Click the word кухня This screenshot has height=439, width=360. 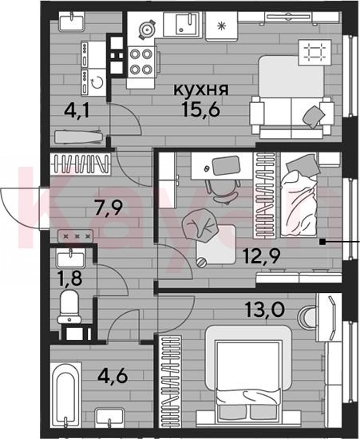[201, 89]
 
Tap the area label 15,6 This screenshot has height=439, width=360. [201, 109]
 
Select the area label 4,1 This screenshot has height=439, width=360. [77, 111]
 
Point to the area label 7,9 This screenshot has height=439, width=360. [109, 208]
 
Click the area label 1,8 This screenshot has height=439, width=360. [69, 278]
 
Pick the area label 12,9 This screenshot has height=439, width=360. [262, 256]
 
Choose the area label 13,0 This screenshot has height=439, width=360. [264, 310]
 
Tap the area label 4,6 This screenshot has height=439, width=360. [113, 376]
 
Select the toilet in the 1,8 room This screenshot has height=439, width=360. [69, 307]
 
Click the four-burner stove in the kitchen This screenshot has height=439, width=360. [141, 61]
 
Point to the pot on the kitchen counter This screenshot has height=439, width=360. [147, 29]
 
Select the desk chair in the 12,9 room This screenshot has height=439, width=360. [224, 192]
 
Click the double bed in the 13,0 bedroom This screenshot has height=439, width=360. [248, 373]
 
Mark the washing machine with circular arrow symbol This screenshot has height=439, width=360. [93, 82]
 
